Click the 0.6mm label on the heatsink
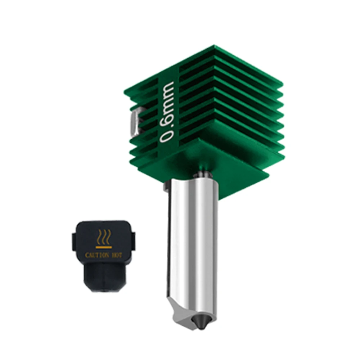pyautogui.click(x=167, y=112)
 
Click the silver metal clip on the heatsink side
pyautogui.click(x=135, y=121)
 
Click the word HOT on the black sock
pyautogui.click(x=117, y=255)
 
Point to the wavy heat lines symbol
pyautogui.click(x=104, y=237)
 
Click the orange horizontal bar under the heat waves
pyautogui.click(x=104, y=247)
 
